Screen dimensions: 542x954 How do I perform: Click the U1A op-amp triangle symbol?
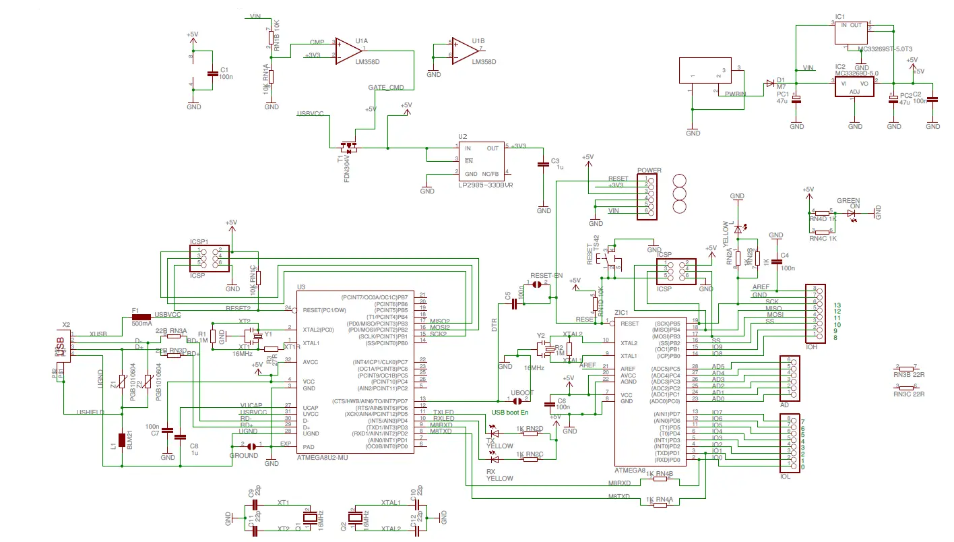point(349,50)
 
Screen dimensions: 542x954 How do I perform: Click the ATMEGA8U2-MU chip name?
point(322,457)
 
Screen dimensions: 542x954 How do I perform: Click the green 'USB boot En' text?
point(511,412)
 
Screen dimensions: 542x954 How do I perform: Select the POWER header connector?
point(648,196)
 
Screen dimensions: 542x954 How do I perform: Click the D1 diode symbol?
point(769,84)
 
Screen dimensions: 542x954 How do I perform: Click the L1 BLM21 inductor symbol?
point(122,440)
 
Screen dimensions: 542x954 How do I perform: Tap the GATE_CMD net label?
point(386,88)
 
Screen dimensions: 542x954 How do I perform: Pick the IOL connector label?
point(785,477)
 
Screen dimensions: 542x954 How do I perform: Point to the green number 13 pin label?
point(837,305)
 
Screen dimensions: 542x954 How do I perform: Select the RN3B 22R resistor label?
point(908,373)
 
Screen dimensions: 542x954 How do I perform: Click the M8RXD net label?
point(619,483)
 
